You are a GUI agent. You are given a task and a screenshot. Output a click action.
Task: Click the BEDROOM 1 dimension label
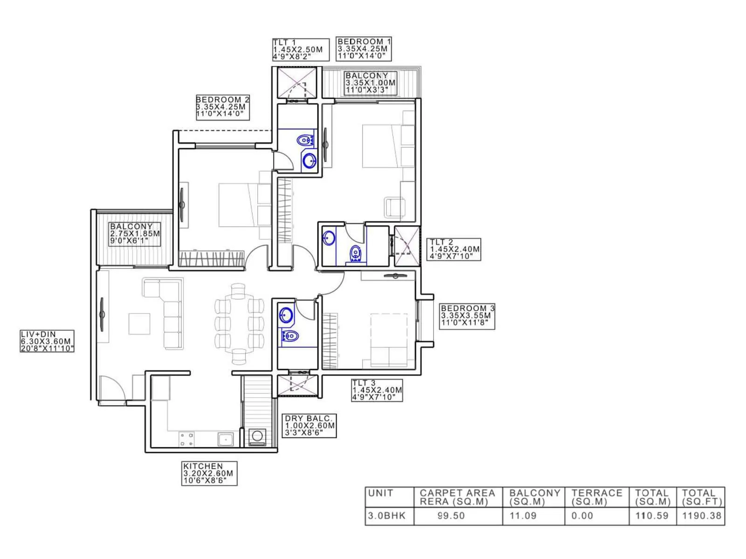(364, 49)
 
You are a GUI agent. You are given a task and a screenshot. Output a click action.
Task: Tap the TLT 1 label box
(301, 49)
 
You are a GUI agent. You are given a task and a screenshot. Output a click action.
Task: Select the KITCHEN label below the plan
(209, 473)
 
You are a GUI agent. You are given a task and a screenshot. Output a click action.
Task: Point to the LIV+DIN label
(47, 341)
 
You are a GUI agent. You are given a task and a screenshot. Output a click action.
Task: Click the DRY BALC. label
(310, 426)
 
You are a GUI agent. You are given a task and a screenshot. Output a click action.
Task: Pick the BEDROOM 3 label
(467, 315)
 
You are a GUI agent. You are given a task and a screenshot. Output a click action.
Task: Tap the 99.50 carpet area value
(451, 516)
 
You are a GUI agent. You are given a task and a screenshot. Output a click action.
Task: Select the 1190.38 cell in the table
(701, 516)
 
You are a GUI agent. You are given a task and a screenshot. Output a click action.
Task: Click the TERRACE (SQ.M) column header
(597, 497)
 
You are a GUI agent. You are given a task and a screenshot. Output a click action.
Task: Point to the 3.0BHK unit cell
(387, 516)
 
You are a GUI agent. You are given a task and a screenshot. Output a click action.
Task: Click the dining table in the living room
(239, 324)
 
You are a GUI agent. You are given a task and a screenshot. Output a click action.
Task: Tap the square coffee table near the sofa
(139, 323)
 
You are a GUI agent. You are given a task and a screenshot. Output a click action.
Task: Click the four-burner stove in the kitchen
(187, 439)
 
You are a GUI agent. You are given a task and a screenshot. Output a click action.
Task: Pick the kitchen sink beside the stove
(226, 439)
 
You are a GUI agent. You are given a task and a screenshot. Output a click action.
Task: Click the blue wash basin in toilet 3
(286, 315)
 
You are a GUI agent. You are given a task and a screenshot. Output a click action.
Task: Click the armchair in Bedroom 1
(394, 207)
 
